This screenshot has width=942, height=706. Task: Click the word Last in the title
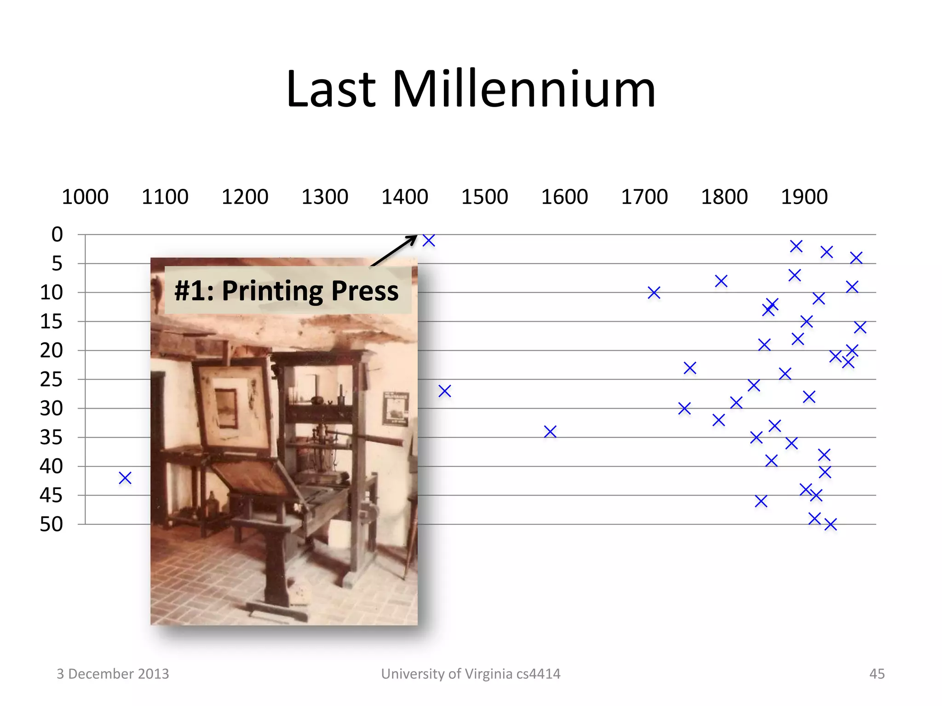point(331,89)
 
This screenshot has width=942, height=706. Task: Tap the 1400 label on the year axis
point(404,197)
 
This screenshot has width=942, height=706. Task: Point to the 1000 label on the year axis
point(85,197)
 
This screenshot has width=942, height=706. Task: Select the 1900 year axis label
point(804,197)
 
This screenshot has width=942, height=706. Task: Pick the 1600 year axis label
point(564,197)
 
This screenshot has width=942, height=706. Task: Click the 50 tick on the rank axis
point(51,524)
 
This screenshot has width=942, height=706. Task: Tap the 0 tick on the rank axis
point(57,234)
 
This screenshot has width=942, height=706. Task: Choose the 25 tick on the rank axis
point(51,380)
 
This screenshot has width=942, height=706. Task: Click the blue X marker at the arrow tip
point(429,240)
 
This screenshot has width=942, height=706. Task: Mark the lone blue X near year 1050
point(125,478)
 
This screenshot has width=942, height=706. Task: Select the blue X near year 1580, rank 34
point(550,432)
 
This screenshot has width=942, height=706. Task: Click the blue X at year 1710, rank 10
point(654,293)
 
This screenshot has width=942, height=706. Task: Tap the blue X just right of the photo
point(445,391)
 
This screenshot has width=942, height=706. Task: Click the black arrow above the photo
point(395,251)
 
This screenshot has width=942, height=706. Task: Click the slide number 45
point(877,674)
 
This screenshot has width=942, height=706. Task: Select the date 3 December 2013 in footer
point(113,674)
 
